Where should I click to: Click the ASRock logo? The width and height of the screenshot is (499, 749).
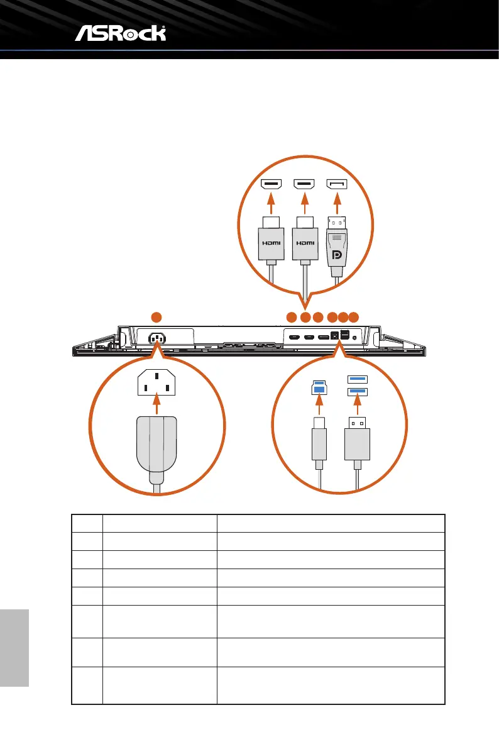pos(121,33)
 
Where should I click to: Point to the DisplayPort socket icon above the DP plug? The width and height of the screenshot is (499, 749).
pos(337,184)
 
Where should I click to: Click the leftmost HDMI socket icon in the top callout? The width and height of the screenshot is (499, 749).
pos(271,184)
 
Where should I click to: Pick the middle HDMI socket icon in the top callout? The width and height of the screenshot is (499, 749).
pos(305,184)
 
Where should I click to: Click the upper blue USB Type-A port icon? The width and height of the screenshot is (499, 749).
pos(356,379)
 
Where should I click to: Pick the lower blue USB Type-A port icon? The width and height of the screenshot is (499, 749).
pos(356,392)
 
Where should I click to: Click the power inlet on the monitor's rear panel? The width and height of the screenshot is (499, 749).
pos(156,338)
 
